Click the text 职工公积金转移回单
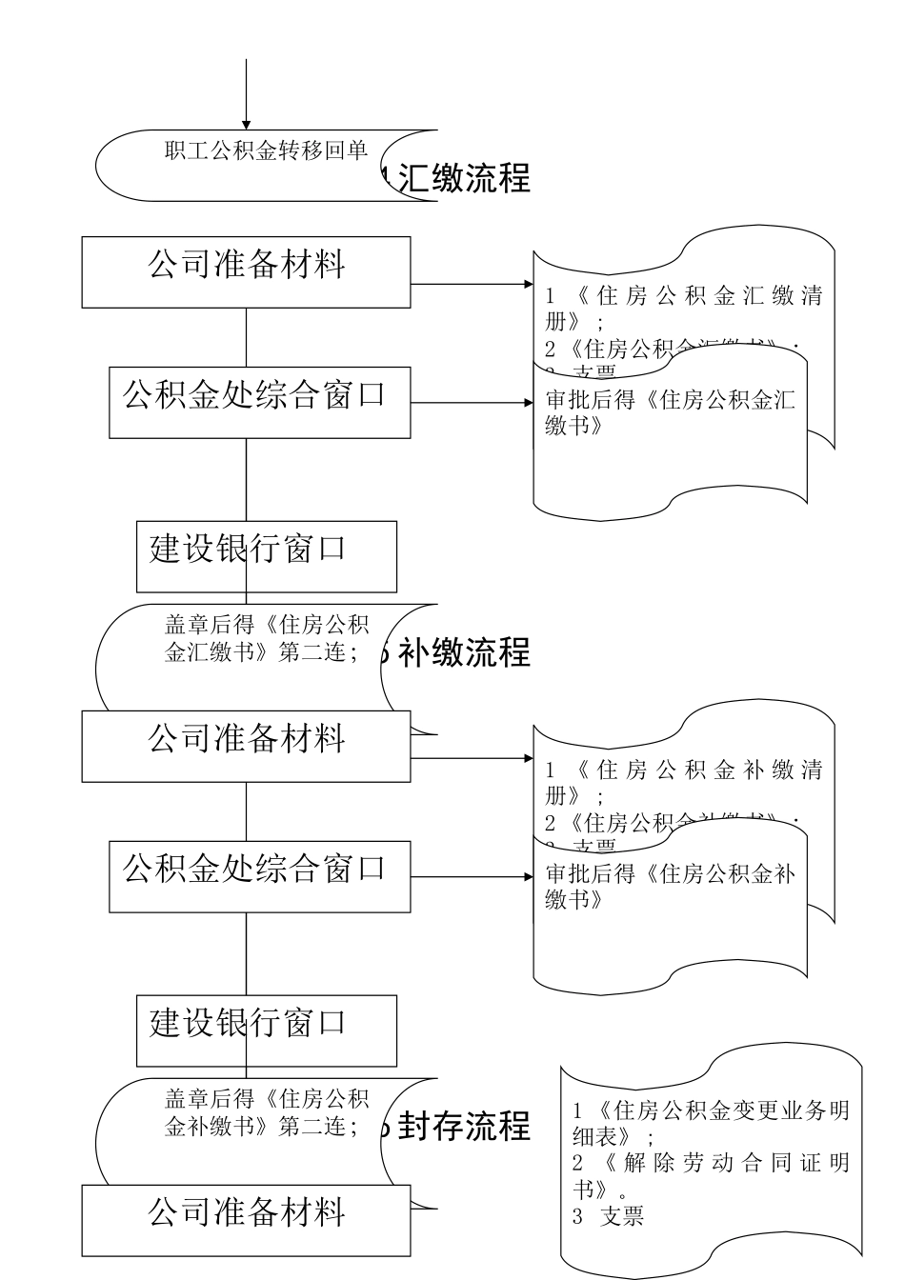click(x=266, y=150)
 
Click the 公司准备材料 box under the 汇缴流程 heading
click(x=246, y=271)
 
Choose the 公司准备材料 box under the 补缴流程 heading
click(x=246, y=746)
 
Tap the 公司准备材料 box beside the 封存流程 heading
click(x=246, y=1219)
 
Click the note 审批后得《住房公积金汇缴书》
click(x=670, y=412)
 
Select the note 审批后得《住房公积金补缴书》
click(x=670, y=887)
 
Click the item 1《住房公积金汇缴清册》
click(x=683, y=308)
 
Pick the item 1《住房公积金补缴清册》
click(x=683, y=782)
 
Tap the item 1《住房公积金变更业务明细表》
click(x=710, y=1123)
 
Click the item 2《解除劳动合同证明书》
click(x=710, y=1176)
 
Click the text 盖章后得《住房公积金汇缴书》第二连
click(x=266, y=638)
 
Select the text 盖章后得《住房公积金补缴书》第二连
click(x=266, y=1112)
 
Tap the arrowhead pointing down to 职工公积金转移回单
click(x=247, y=125)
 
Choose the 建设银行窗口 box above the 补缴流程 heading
click(x=266, y=556)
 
